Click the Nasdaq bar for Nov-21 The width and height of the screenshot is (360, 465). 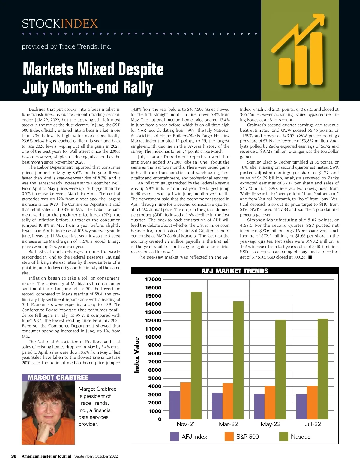pos(196,355)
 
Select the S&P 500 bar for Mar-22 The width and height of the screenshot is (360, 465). pos(228,401)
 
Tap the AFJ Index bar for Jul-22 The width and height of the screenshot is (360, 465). pos(301,406)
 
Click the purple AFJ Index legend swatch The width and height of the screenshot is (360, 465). pos(175,436)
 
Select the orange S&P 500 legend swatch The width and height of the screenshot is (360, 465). pos(229,436)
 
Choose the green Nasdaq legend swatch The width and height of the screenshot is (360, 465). pos(284,436)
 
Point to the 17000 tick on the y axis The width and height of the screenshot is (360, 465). pos(153,280)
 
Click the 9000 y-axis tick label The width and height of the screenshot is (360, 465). pos(155,345)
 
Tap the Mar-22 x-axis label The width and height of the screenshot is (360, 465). pos(228,424)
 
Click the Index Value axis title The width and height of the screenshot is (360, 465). pos(137,355)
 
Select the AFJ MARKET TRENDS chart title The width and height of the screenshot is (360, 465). pos(235,271)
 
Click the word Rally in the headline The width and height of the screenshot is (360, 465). pos(139,88)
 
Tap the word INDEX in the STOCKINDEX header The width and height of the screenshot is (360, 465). pos(79,24)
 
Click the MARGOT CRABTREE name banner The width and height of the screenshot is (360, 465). pos(58,377)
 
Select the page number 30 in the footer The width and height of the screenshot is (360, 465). pos(14,456)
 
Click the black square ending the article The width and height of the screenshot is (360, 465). pos(310,257)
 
